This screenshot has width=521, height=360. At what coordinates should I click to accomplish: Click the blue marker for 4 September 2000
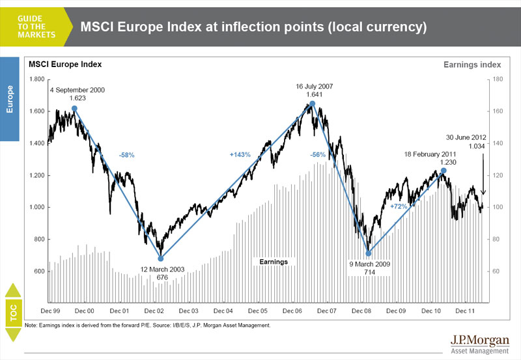(x=74, y=109)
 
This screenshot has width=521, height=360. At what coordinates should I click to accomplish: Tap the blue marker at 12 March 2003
(x=161, y=258)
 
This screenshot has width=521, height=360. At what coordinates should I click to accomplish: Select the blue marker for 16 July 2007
(x=312, y=104)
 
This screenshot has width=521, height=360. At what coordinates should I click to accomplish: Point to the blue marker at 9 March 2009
(x=369, y=253)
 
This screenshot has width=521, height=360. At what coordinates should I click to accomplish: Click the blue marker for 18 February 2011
(x=444, y=171)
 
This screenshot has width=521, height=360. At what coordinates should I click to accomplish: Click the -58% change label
(x=127, y=156)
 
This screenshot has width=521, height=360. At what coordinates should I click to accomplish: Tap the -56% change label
(x=318, y=155)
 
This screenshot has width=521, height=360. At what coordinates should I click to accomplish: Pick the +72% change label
(x=398, y=206)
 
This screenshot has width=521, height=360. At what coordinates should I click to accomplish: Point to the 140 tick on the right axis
(x=494, y=143)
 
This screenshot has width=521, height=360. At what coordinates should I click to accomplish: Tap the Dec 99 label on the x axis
(x=50, y=311)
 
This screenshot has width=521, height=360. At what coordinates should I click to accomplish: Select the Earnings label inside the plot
(x=274, y=261)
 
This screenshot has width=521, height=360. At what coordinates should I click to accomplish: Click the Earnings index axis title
(x=472, y=64)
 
